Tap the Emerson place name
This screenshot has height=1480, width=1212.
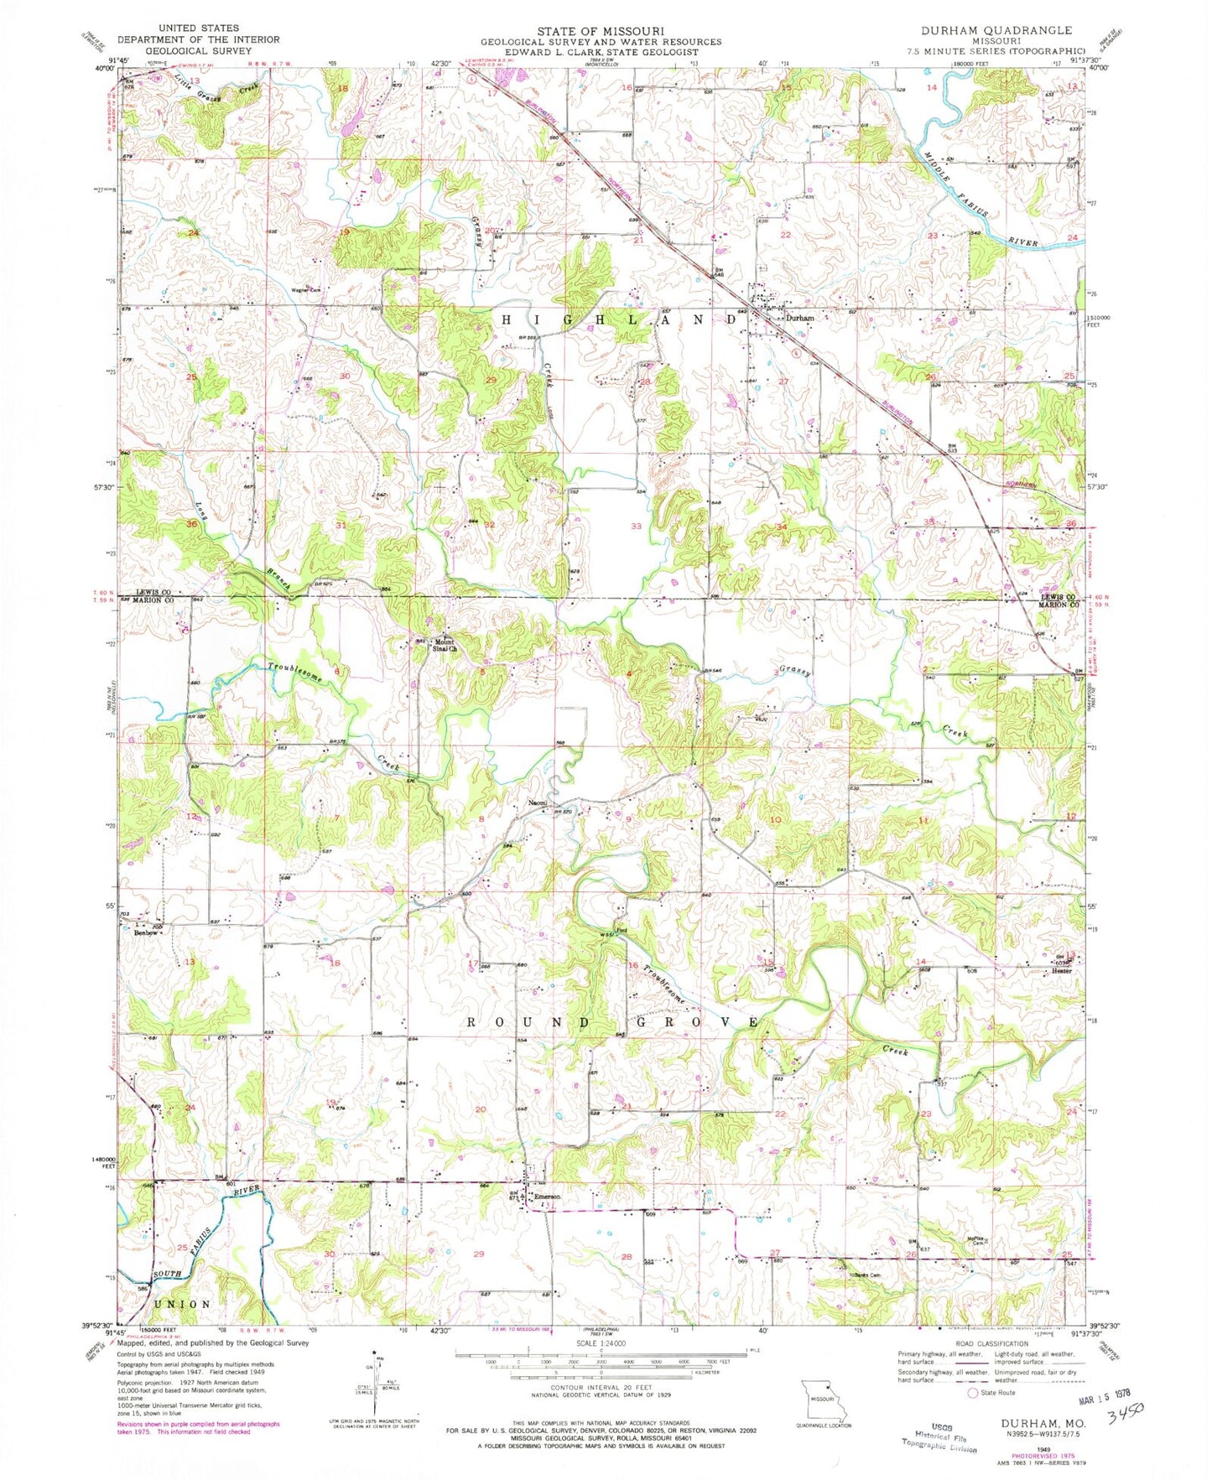click(547, 1197)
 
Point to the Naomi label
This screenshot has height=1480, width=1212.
click(537, 803)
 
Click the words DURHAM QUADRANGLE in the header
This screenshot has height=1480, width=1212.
click(996, 30)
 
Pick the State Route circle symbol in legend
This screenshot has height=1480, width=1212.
click(973, 1393)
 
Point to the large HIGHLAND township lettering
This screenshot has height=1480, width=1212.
click(611, 320)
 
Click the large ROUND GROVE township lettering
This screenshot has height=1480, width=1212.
click(612, 1022)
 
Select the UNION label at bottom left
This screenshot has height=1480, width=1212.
click(182, 1304)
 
